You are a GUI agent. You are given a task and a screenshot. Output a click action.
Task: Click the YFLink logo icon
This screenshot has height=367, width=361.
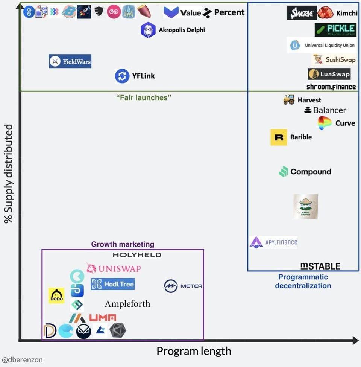[x=122, y=76]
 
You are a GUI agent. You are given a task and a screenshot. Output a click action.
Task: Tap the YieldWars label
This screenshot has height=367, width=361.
[x=70, y=61]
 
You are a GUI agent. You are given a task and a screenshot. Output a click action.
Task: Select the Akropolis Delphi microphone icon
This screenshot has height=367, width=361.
[x=148, y=30]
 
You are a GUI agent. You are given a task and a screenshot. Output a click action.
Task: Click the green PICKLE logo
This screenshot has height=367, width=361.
[x=335, y=29]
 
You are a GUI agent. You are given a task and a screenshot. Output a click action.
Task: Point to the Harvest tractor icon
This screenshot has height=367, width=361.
[x=289, y=100]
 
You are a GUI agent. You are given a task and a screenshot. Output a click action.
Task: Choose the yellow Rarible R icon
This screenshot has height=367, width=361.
[x=279, y=137]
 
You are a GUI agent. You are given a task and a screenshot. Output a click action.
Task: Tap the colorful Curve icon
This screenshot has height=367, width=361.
[x=325, y=123]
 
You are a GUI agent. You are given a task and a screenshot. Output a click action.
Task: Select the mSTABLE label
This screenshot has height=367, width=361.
[x=320, y=266]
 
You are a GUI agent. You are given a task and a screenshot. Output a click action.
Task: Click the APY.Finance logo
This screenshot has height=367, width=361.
[x=273, y=242]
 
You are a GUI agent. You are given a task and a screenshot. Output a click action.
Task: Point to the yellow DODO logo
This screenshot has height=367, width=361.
[x=57, y=295]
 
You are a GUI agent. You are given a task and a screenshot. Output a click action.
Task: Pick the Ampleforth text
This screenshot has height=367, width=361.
[x=127, y=304]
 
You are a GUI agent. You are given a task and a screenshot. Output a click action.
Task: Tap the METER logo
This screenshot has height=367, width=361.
[x=183, y=286]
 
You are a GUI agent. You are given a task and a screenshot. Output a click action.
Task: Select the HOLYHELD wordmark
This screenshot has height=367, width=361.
[x=137, y=255]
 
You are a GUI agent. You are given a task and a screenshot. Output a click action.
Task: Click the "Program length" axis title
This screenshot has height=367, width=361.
[x=194, y=351]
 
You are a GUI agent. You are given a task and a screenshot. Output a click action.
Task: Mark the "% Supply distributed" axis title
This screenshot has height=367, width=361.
[x=8, y=174]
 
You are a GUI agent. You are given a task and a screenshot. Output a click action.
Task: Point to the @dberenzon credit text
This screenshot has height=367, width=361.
[x=22, y=359]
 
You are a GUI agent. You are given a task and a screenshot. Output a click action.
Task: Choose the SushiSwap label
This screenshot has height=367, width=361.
[x=334, y=59]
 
